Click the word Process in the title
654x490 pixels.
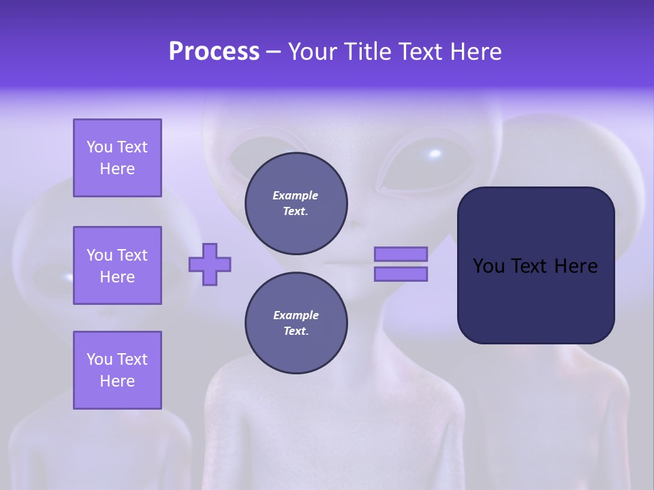(214, 52)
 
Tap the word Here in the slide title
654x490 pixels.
(474, 52)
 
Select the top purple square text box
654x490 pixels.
(117, 158)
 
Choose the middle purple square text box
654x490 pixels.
(117, 265)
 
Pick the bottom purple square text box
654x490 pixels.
(117, 370)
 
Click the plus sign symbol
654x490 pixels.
(210, 264)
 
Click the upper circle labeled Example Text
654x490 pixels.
(296, 203)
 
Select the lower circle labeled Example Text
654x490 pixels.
(296, 323)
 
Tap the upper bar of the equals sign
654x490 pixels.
(401, 254)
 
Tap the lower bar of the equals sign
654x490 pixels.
(401, 274)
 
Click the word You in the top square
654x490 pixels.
(99, 147)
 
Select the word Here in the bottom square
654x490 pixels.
(117, 381)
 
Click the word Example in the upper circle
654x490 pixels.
(295, 195)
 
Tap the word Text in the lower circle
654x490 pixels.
(295, 331)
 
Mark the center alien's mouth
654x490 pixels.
(341, 263)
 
